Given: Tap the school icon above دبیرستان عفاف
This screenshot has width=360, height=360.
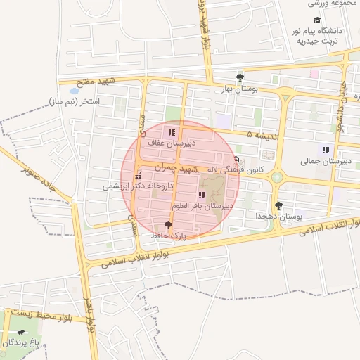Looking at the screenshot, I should coord(172,132).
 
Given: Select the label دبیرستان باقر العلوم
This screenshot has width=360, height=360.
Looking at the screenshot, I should coord(202,206).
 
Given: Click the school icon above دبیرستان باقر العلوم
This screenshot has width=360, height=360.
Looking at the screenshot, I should coord(202,195).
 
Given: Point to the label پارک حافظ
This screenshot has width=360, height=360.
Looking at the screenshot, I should coord(167,236).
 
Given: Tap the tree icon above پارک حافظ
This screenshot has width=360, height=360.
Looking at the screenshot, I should coord(167,226).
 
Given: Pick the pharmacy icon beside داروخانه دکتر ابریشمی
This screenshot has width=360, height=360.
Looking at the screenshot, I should coord(138,175).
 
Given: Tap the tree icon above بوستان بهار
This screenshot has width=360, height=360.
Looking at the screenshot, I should coord(240,78).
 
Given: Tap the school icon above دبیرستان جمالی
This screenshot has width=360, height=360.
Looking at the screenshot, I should coord(325,149).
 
